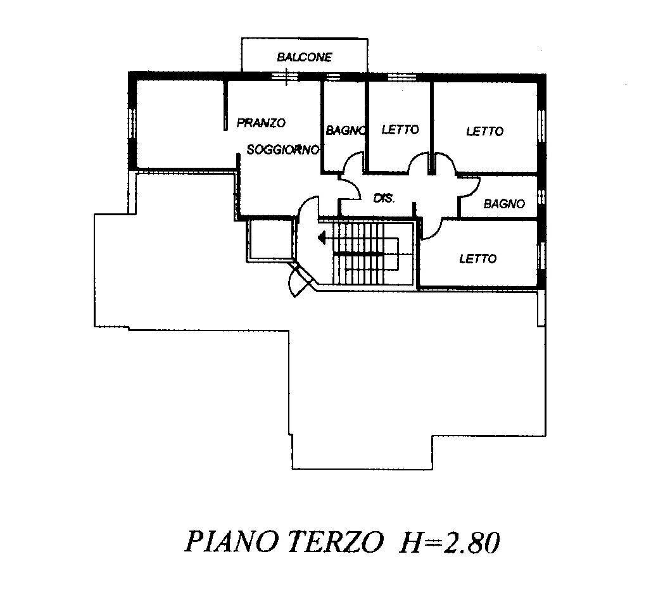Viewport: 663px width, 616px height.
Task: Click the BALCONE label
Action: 305,57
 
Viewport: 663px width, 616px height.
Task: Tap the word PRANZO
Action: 261,123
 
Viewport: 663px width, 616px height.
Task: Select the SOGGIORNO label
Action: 282,149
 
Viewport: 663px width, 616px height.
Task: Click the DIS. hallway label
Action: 384,198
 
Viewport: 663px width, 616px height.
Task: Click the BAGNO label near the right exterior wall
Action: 504,204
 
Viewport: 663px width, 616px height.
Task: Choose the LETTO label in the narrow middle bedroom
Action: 400,129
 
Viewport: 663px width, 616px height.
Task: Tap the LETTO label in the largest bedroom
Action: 484,132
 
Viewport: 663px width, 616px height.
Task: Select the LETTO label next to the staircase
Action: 478,258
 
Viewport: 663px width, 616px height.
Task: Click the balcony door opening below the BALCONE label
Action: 284,77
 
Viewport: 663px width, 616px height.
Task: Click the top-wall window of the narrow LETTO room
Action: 401,77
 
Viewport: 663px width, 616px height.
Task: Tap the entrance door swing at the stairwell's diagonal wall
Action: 298,280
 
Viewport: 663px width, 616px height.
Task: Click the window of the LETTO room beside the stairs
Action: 541,256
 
